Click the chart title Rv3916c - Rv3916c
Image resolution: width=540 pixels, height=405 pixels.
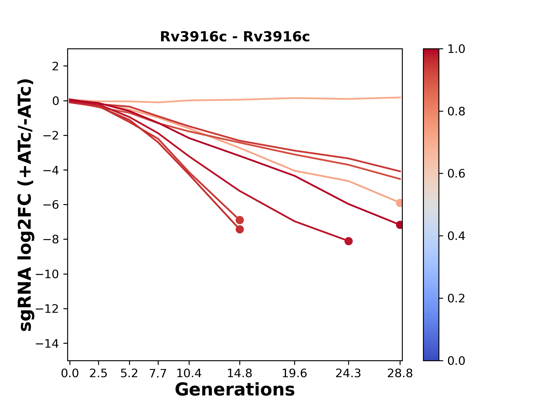[235, 37]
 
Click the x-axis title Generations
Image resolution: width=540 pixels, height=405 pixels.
[235, 390]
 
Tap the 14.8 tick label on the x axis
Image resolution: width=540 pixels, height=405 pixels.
[239, 373]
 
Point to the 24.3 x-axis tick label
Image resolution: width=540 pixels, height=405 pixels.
[348, 373]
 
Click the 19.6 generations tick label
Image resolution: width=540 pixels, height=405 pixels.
[294, 373]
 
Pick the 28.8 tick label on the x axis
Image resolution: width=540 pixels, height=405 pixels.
[400, 373]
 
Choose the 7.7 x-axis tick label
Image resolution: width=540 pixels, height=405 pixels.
[158, 373]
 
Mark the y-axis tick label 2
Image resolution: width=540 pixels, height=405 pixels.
[56, 66]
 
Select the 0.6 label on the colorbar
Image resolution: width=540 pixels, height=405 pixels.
[456, 174]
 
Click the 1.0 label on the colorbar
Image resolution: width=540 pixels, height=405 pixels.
[456, 49]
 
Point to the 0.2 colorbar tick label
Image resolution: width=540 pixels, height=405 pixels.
[456, 298]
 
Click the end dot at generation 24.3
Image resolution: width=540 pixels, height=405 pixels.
[348, 241]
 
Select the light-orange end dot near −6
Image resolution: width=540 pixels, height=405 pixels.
[400, 203]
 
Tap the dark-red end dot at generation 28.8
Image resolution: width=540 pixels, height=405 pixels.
[400, 225]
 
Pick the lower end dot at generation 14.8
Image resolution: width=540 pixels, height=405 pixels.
[240, 229]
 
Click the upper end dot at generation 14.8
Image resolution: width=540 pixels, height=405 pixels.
[240, 220]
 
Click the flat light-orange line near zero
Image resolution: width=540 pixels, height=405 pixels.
[294, 98]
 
